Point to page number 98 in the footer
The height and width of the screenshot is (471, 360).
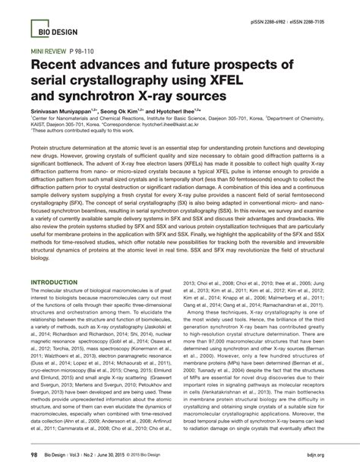point(33,455)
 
